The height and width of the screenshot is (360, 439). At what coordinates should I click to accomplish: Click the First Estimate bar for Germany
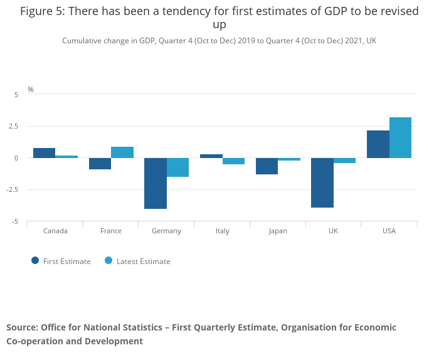[156, 183]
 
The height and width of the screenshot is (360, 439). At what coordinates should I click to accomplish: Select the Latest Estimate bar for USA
[400, 137]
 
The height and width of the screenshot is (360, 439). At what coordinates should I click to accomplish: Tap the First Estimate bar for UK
[322, 183]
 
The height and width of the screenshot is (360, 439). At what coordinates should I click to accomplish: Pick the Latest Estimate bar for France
[122, 152]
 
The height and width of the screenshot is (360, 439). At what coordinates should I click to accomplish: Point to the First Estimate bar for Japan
[267, 166]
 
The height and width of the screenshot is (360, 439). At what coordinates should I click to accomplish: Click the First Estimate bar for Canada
[44, 153]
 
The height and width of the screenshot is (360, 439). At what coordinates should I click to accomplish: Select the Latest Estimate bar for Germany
[177, 167]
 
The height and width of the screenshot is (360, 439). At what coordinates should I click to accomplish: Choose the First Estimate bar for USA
[378, 144]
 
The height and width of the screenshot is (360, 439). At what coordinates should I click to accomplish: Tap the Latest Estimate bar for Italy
[233, 161]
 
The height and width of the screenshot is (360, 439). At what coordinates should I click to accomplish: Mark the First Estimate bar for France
[100, 164]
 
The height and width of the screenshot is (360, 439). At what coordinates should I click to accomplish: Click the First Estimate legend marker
[35, 261]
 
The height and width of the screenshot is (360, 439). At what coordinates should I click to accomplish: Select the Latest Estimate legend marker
[108, 261]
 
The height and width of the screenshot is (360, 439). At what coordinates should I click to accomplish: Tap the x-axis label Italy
[222, 231]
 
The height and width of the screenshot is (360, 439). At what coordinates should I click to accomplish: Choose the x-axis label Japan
[278, 231]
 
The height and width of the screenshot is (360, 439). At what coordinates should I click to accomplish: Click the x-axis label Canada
[55, 231]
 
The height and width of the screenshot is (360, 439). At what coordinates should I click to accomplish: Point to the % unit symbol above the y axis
[31, 90]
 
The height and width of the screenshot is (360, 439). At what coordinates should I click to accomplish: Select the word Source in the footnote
[22, 327]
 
